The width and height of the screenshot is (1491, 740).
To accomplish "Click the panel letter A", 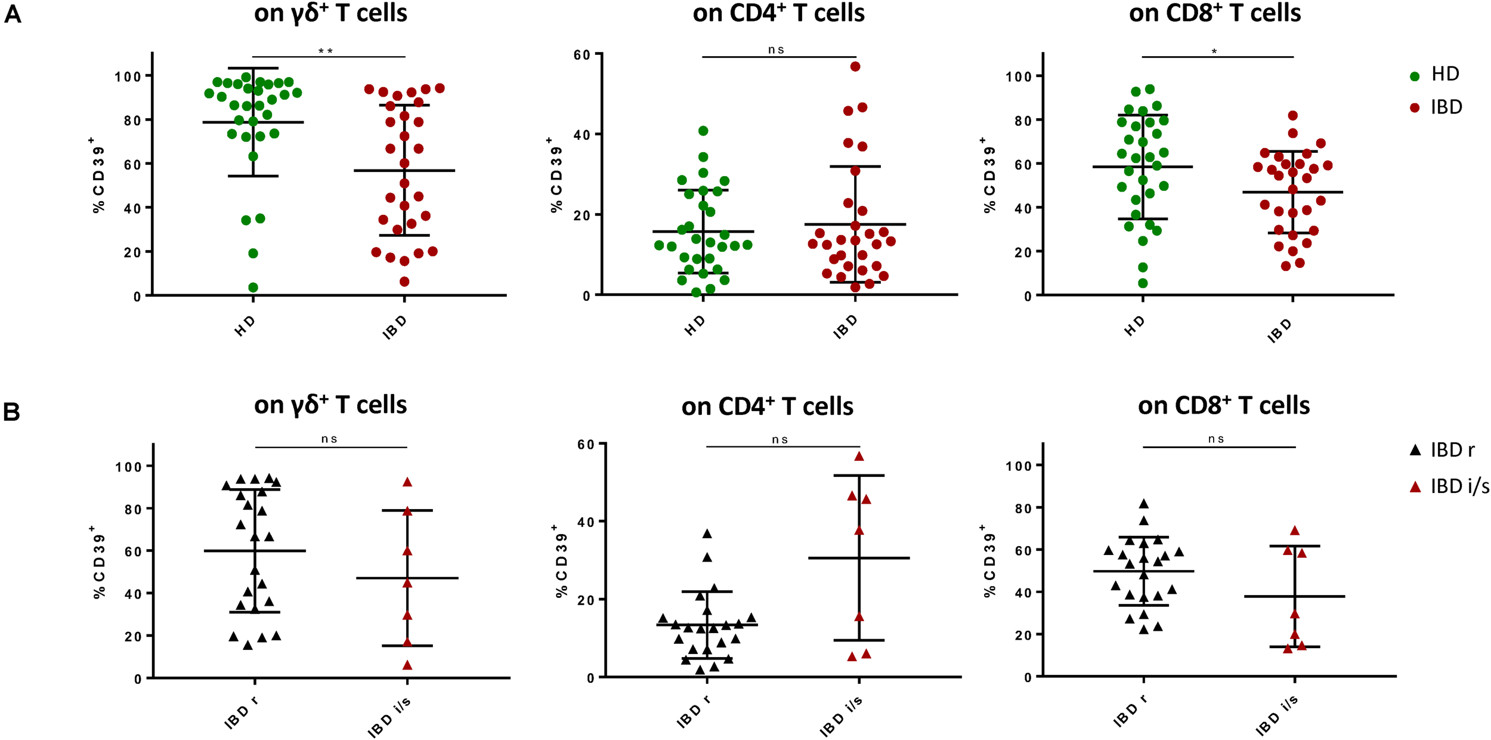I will tap(13, 14).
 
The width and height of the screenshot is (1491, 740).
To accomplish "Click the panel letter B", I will tap(12, 412).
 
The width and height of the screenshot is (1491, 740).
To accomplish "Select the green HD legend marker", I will tap(1415, 76).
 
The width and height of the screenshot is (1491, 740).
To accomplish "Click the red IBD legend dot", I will tap(1415, 108).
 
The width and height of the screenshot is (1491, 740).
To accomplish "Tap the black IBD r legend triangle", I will tap(1415, 451).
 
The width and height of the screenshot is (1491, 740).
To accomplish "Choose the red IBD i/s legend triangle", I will tap(1415, 488).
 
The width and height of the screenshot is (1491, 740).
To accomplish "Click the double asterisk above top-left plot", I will tap(326, 51).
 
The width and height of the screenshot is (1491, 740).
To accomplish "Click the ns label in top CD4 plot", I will tap(776, 50).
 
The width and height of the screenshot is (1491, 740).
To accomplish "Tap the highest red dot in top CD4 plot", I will tap(855, 66).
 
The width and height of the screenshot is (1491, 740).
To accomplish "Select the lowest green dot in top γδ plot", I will tap(253, 288).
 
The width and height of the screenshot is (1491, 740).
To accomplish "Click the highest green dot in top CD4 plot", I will tap(703, 131).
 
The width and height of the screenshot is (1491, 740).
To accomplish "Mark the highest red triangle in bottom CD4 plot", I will tap(859, 457).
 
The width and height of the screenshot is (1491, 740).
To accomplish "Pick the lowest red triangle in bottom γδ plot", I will tap(407, 665).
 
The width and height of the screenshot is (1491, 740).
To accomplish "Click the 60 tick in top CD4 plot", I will tap(581, 55).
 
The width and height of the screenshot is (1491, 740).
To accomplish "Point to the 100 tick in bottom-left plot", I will tap(128, 467).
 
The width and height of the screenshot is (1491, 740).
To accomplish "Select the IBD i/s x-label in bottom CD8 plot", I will tap(1277, 716).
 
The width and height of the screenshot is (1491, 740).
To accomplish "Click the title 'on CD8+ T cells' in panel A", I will tap(1215, 13).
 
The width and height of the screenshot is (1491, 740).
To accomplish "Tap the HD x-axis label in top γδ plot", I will tap(245, 326).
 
